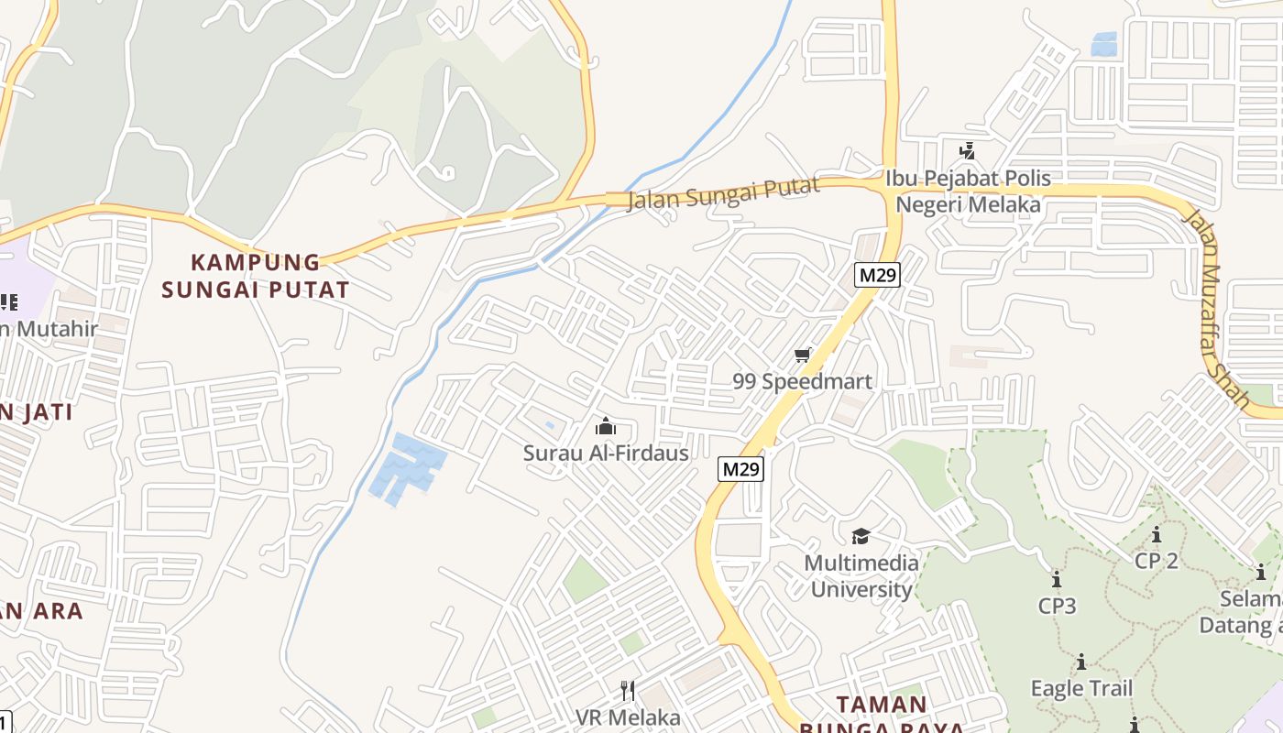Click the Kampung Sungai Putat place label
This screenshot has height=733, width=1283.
(x=256, y=276)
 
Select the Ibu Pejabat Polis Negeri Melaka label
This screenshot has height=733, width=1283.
(x=968, y=191)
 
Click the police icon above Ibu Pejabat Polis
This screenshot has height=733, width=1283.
(x=967, y=150)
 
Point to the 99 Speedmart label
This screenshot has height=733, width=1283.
(x=803, y=381)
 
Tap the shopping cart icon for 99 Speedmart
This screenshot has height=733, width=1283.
(x=803, y=355)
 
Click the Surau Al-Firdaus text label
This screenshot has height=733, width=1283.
(x=606, y=453)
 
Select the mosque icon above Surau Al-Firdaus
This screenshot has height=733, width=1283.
(x=605, y=426)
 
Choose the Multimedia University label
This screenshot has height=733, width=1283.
(x=861, y=575)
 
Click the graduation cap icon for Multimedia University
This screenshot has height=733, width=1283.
(x=861, y=536)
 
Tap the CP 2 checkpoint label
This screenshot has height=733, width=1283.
(x=1157, y=561)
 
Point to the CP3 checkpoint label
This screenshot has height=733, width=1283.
(x=1057, y=606)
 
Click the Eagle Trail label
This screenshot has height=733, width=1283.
(x=1081, y=688)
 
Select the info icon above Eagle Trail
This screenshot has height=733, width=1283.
(x=1081, y=662)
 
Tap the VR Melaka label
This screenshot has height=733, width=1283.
(x=628, y=717)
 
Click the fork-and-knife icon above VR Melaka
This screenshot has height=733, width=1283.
(x=628, y=690)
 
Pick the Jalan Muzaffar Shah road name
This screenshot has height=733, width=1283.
(x=1216, y=309)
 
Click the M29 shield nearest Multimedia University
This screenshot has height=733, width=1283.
(x=740, y=469)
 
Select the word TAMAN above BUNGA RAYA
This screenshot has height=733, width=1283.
(x=882, y=705)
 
